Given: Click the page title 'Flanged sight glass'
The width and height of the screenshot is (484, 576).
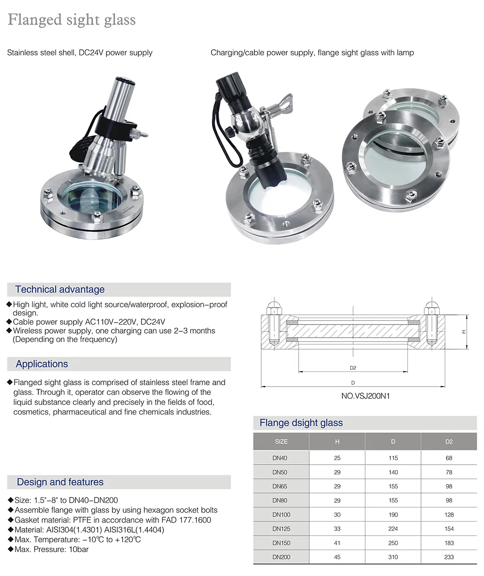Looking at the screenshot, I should pos(72,20).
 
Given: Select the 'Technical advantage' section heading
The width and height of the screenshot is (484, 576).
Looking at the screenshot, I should pos(60,289).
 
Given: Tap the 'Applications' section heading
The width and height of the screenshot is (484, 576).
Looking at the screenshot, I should pos(42,364).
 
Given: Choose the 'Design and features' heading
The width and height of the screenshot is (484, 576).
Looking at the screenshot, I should pos(60,482).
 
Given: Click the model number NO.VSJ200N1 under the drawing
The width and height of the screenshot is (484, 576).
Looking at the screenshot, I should pos(365,396).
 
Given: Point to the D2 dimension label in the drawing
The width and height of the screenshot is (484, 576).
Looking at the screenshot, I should pos(352,367).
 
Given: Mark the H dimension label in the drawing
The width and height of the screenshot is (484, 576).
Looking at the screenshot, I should pos(463,332).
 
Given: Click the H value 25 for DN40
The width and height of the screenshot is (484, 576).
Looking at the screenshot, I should pos(337,458).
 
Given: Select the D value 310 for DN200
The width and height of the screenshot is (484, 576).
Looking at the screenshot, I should pos(393,557).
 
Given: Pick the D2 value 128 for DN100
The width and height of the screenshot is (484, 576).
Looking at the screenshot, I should pos(449,514).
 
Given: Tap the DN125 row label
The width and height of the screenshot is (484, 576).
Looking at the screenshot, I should pos(281,529).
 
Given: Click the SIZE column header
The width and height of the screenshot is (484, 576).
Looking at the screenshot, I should pos(281,441).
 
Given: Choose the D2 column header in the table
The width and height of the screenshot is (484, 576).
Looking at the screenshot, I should pos(449,441).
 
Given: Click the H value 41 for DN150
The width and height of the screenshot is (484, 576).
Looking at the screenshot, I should pos(337,543).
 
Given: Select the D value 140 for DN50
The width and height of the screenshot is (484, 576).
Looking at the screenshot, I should pos(393,472).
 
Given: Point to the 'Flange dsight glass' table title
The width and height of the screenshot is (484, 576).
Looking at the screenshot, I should pos(301,423).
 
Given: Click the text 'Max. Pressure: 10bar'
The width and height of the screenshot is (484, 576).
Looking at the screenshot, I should pos(51,549).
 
